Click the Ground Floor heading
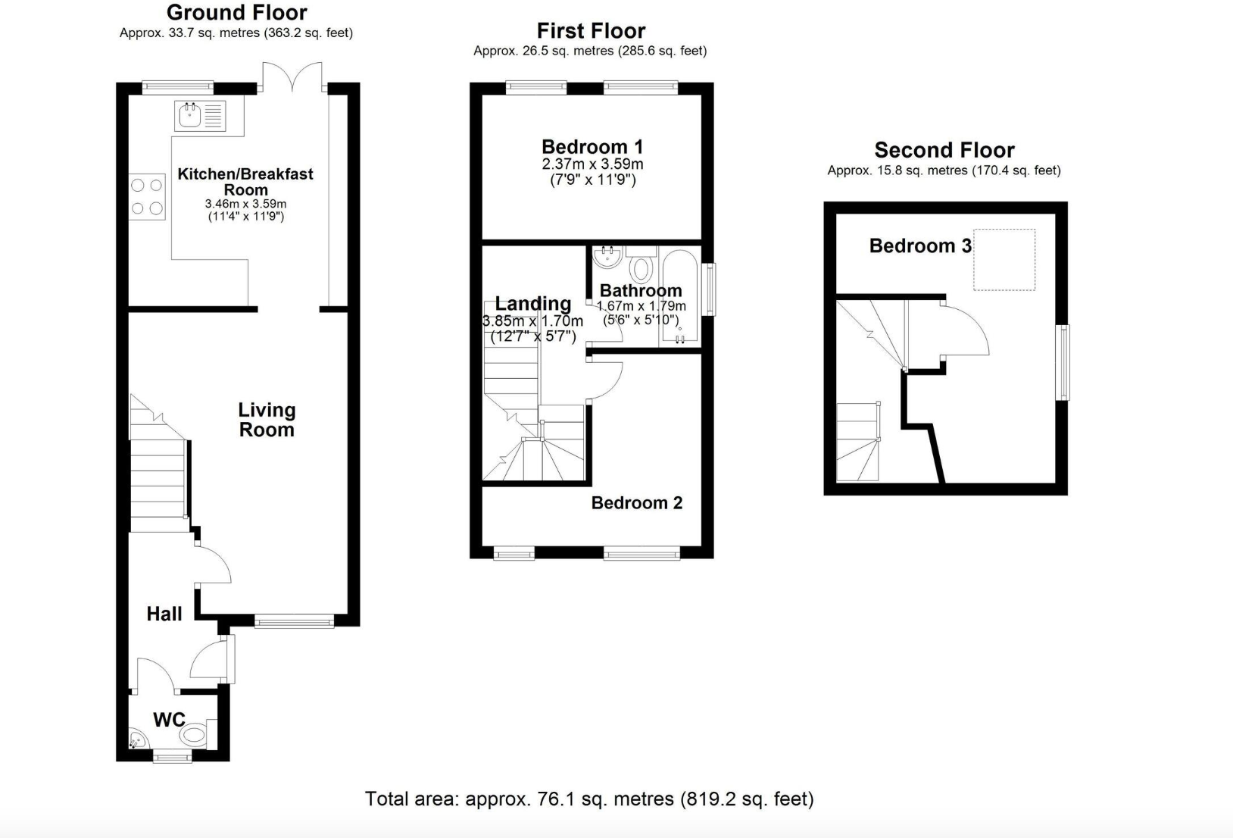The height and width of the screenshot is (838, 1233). pos(237,12)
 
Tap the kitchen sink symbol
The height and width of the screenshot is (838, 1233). pos(200,116)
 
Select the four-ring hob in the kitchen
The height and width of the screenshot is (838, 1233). pos(147,196)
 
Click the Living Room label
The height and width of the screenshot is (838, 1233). pos(267,420)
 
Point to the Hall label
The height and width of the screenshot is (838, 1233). pos(164,614)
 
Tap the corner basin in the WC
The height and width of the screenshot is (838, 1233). pos(138,738)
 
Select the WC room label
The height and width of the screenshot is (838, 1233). pos(169,720)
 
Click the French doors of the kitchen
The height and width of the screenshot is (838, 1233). pos(292,77)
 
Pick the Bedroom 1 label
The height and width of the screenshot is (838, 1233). pos(592,146)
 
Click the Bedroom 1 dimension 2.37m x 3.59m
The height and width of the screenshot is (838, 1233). pos(593,164)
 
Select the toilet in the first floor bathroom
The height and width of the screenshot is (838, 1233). pos(641,264)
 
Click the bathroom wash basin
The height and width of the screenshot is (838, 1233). pos(607,257)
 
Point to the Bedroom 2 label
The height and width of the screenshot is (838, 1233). pos(637,502)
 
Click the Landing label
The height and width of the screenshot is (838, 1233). pos(533,303)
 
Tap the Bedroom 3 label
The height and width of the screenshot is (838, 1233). pos(920,245)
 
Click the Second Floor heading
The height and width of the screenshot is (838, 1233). pos(944,150)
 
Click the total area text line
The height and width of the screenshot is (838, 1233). pos(589,799)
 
